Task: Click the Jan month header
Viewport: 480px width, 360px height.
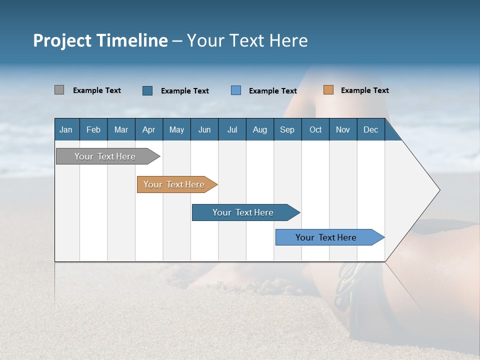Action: [66, 129]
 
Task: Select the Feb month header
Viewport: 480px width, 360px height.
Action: [93, 129]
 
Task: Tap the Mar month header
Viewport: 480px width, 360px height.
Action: [121, 129]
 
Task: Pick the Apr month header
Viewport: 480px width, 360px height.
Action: [148, 129]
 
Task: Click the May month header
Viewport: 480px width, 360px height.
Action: [176, 129]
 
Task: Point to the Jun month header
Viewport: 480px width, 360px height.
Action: [204, 129]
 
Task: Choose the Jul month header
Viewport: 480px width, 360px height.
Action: [232, 129]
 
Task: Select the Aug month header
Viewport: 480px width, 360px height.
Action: [259, 129]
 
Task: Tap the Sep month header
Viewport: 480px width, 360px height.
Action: [287, 129]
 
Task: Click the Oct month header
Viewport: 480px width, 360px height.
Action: [315, 129]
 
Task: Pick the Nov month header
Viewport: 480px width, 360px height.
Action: [343, 129]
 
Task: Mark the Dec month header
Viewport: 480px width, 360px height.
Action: [370, 129]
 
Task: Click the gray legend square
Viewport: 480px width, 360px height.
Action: [59, 90]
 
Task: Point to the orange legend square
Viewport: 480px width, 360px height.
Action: [328, 90]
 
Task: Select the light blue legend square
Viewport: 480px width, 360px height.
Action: [236, 90]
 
